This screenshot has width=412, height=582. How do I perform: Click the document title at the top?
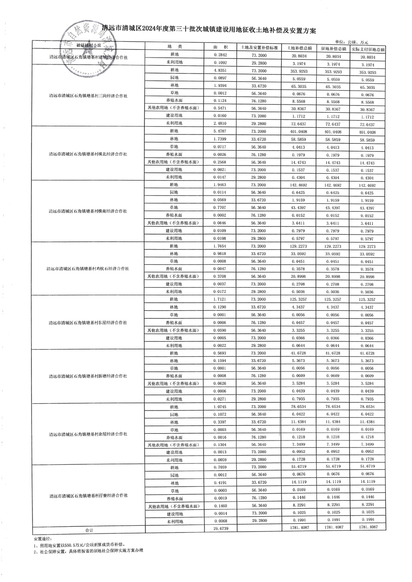[209, 30]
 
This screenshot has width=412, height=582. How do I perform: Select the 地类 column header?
[174, 47]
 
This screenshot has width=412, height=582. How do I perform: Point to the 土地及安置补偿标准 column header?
[260, 48]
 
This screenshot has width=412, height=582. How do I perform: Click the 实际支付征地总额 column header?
[368, 49]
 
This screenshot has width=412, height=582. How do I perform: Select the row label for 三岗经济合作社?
[88, 96]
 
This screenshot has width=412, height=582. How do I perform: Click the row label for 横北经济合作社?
[88, 154]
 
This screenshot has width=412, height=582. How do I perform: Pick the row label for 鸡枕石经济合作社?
[88, 268]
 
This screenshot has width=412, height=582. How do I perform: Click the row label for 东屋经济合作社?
[88, 322]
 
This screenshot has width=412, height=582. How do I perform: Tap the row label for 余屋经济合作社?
[88, 434]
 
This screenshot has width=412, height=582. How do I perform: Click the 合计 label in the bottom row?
[88, 530]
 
